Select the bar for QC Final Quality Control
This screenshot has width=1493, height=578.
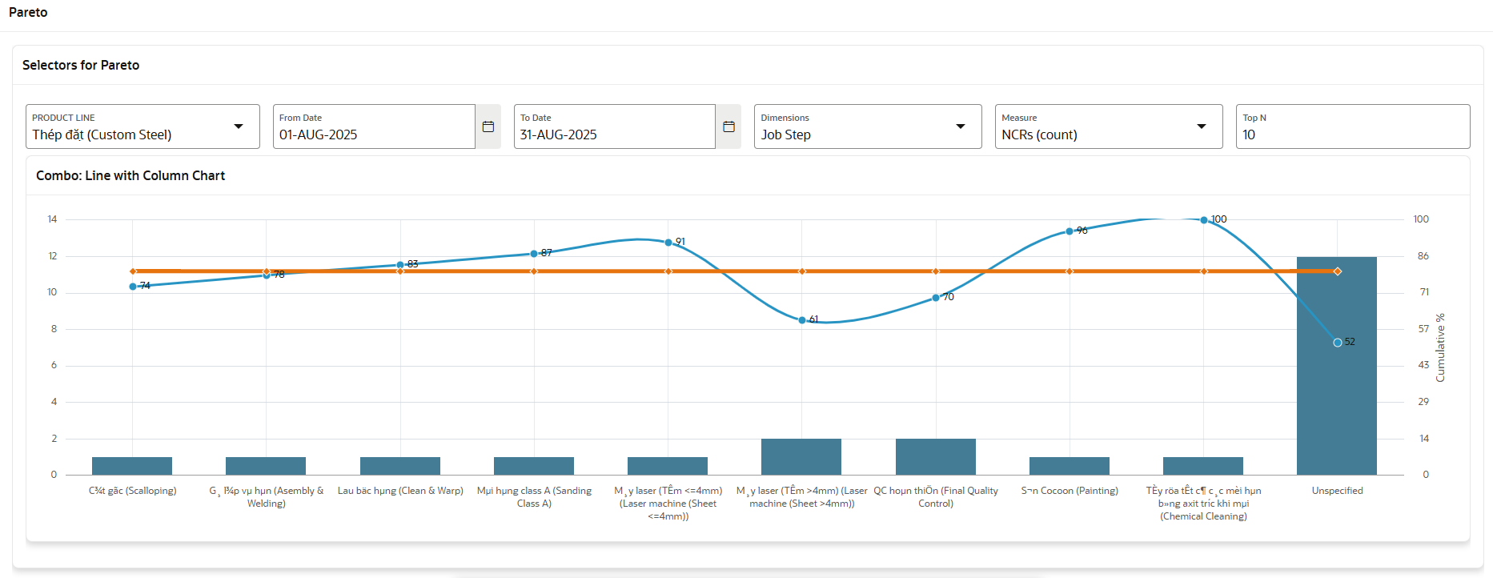coord(935,457)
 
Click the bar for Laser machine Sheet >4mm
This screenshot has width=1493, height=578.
coord(801,457)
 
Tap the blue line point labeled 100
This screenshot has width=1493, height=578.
coord(1203,220)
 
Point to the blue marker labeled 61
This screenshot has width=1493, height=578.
coord(802,320)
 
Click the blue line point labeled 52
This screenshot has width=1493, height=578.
coord(1337,343)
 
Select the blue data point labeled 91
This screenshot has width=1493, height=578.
coord(668,243)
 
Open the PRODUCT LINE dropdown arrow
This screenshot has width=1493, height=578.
coord(239,126)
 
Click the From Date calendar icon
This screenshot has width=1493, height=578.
coord(488,126)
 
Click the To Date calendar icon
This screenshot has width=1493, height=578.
coord(728,126)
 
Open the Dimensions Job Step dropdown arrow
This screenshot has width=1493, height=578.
coord(961,126)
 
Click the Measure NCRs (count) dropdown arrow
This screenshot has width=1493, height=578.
coord(1201,126)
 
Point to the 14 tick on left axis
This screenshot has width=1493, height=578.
coord(52,219)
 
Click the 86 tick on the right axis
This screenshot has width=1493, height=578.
coord(1423,256)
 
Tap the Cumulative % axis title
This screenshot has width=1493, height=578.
coord(1440,347)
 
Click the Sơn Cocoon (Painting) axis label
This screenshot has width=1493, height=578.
coord(1070,491)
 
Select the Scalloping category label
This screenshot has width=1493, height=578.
coord(132,491)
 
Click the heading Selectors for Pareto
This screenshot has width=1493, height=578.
coord(81,66)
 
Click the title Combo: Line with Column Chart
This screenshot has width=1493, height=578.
coord(130,176)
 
